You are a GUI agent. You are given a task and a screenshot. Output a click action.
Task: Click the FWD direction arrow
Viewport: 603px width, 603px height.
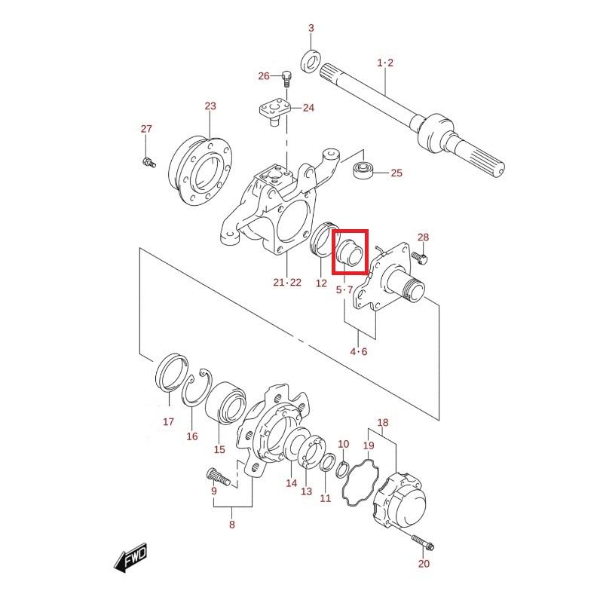click(x=130, y=556)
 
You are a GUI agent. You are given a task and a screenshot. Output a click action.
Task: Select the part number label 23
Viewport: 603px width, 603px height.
click(x=210, y=106)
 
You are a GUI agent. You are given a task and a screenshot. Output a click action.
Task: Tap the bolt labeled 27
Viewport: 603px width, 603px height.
click(x=148, y=162)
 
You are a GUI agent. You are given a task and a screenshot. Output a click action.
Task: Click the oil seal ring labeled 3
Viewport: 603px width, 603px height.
click(x=311, y=62)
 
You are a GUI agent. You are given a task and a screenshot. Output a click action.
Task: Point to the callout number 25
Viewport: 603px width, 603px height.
click(x=396, y=173)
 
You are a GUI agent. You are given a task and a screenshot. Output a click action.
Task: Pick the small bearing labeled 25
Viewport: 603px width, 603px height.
click(x=363, y=170)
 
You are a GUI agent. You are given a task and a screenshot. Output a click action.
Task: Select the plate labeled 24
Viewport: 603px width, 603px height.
click(x=274, y=112)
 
